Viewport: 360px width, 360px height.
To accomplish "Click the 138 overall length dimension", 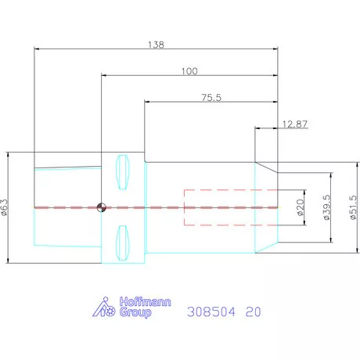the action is pos(156,45).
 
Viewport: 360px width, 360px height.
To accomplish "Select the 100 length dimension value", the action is pos(189,71).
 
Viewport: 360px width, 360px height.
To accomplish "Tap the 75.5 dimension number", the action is pos(211,98).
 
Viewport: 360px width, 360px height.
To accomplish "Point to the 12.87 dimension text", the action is pos(295,124).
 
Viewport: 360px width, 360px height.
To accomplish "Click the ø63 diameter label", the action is pos(5,207).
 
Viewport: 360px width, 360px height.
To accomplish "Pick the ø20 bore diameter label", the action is pos(301,207).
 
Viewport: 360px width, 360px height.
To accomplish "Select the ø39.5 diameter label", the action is pos(327,207).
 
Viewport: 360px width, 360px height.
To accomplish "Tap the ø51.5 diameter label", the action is pos(353,207).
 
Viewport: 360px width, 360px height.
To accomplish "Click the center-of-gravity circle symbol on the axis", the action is pos(102,207).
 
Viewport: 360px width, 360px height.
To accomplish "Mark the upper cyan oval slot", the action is pos(123,172).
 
